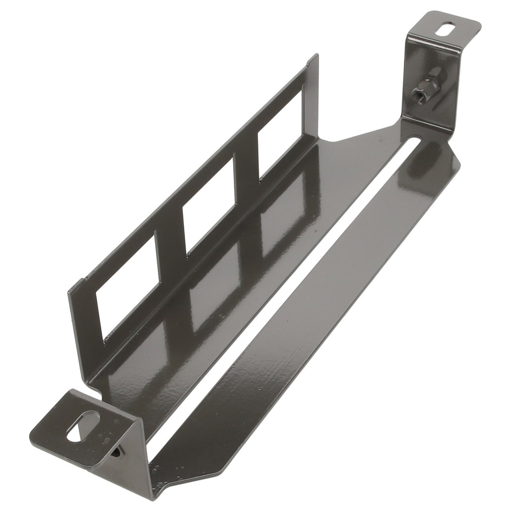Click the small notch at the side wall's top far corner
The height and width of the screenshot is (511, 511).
pos(311,62)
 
